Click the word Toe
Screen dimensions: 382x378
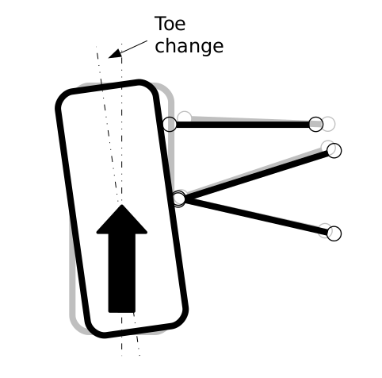(170, 24)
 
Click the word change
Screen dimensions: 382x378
(189, 46)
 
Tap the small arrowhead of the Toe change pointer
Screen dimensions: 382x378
(115, 54)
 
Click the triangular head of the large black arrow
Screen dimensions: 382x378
(122, 219)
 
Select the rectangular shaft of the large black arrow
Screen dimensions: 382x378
(122, 273)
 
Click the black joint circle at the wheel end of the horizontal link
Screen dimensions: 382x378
(170, 124)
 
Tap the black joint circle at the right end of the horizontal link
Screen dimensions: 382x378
(315, 124)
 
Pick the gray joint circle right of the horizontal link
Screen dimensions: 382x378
(328, 124)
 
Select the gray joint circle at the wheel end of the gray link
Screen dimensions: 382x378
(185, 118)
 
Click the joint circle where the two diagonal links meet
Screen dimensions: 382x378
(179, 198)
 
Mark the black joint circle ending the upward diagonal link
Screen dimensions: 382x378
(334, 151)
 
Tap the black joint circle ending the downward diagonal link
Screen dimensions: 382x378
(334, 233)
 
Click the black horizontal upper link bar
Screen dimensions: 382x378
(243, 125)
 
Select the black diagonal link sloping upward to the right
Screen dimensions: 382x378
(257, 175)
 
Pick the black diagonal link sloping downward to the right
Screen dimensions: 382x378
(257, 216)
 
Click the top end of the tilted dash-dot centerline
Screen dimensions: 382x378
(97, 47)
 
